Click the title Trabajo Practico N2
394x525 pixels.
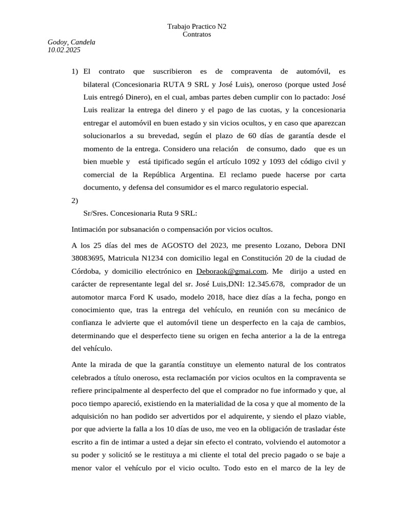point(197,27)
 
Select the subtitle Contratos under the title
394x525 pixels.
point(197,34)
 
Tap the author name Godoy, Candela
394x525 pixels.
point(71,43)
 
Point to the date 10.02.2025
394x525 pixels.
point(64,50)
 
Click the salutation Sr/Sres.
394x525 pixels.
point(95,213)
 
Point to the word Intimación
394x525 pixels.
point(90,229)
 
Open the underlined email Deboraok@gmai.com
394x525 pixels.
point(232,271)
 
